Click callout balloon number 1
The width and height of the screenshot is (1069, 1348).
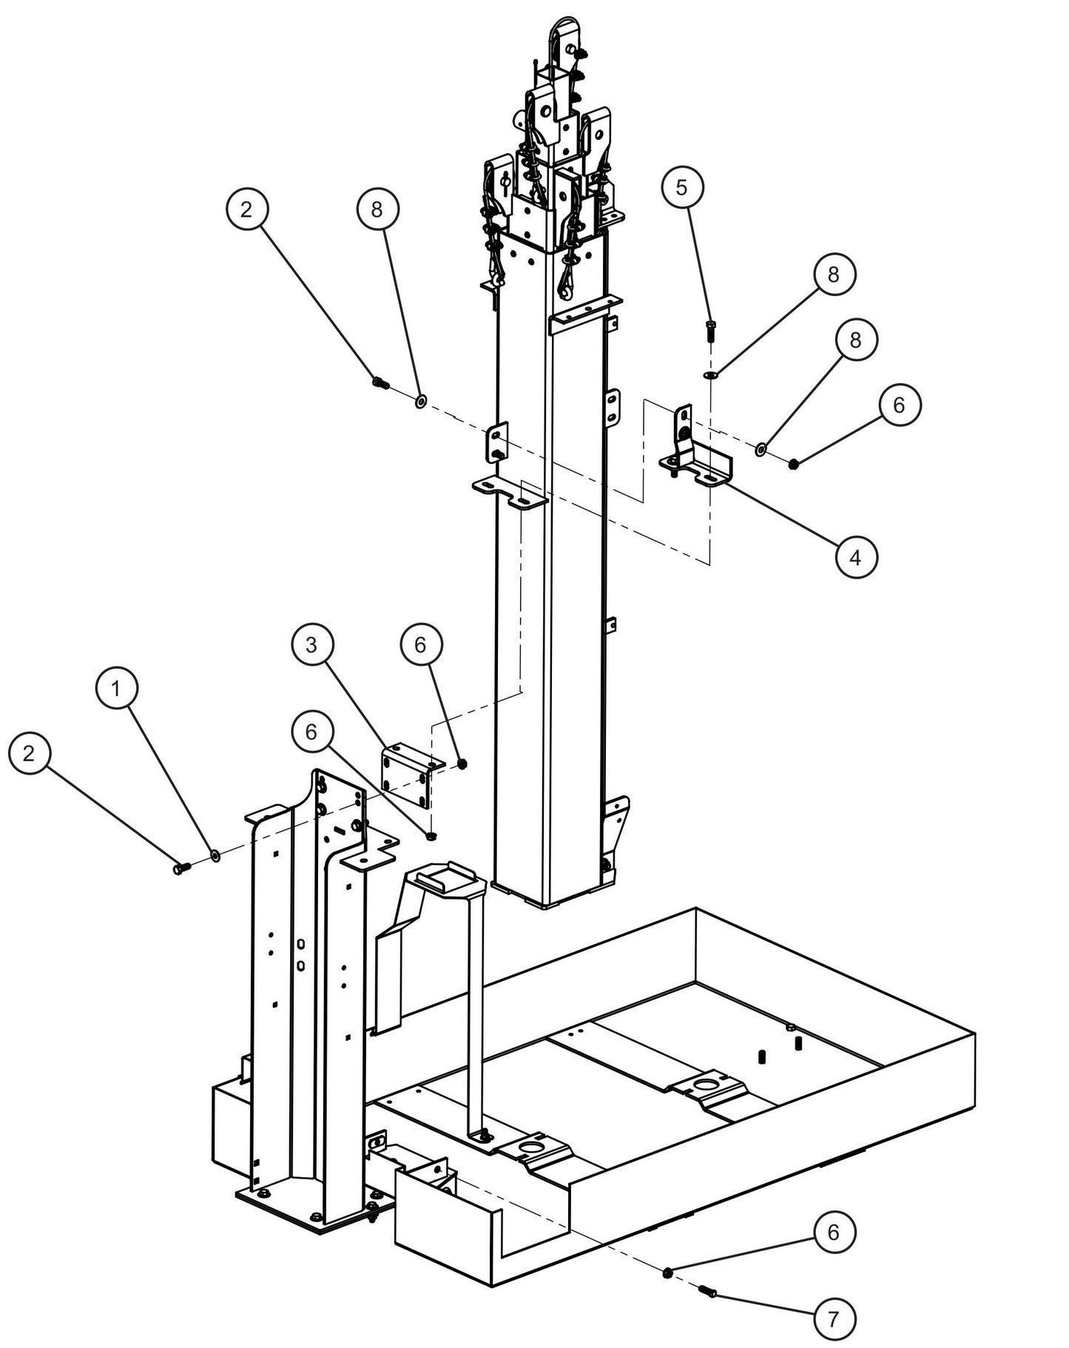[116, 689]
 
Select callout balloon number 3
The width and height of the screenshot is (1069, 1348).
[311, 644]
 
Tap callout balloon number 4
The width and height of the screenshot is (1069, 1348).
[856, 557]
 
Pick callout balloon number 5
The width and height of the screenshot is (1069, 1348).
[681, 187]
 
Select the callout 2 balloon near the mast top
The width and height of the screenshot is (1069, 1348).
[246, 209]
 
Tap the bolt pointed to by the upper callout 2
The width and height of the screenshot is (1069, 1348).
[380, 383]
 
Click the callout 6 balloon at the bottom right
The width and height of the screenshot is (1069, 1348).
[834, 1232]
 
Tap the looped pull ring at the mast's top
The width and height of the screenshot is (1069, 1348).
[560, 33]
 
